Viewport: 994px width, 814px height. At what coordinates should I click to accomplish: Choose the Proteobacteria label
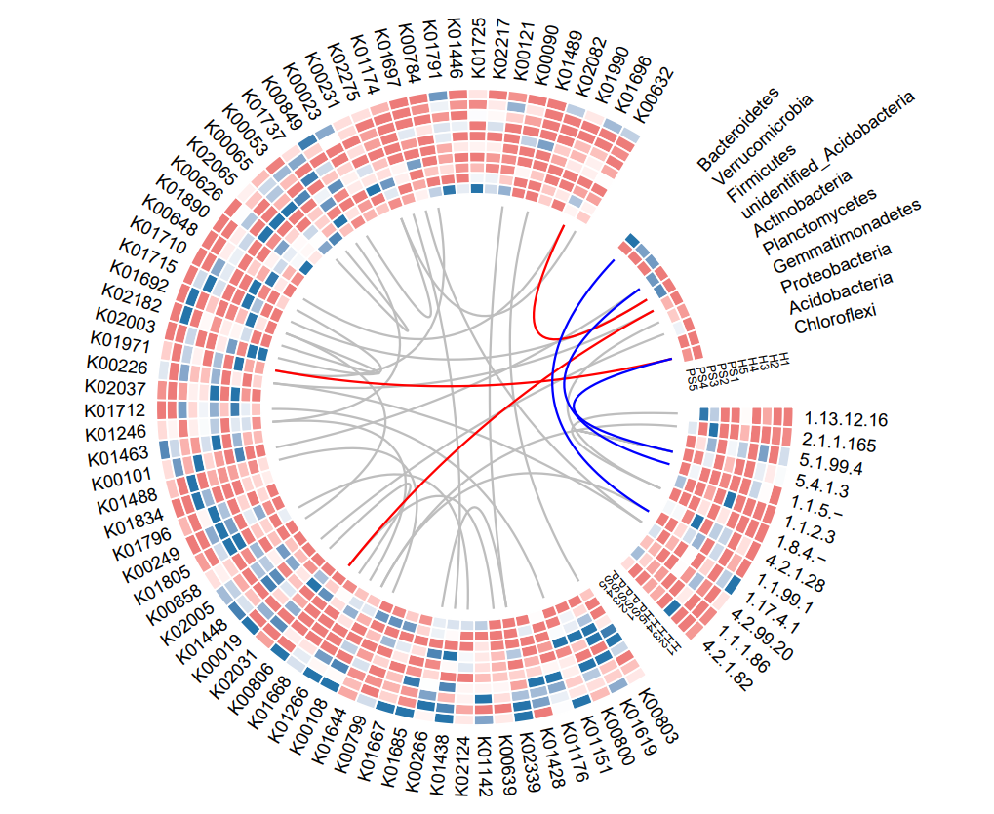point(836,268)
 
